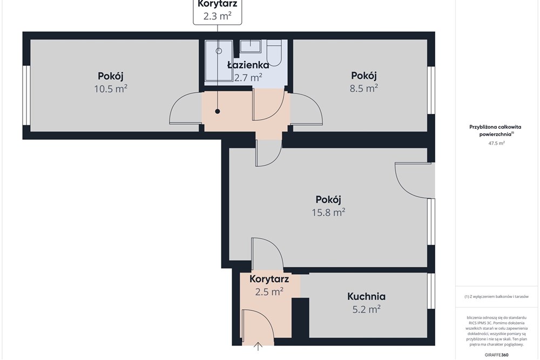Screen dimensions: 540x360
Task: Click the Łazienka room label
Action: [248, 65]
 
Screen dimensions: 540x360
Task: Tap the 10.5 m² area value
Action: [111, 89]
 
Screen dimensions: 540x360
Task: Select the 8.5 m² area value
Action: [363, 88]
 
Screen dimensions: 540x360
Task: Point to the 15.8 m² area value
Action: [328, 212]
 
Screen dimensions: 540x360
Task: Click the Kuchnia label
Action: [366, 296]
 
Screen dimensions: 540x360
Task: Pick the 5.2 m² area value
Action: [366, 309]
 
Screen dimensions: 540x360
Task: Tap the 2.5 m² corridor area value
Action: [269, 292]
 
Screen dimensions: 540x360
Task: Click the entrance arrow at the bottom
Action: [258, 346]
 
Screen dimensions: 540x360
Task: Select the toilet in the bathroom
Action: [274, 53]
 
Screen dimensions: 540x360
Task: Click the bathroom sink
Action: [251, 46]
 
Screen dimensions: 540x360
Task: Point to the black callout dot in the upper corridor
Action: [218, 111]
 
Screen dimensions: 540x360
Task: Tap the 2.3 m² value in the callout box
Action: [217, 16]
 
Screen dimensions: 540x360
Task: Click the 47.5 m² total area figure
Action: [496, 143]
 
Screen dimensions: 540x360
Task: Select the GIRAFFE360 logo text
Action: [496, 355]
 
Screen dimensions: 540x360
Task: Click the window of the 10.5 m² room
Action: [26, 96]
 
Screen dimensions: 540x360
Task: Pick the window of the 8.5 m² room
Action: [431, 90]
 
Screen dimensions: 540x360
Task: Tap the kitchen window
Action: [431, 291]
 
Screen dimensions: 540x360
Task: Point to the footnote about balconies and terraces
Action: [496, 296]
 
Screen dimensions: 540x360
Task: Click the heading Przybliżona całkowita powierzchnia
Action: [495, 131]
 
